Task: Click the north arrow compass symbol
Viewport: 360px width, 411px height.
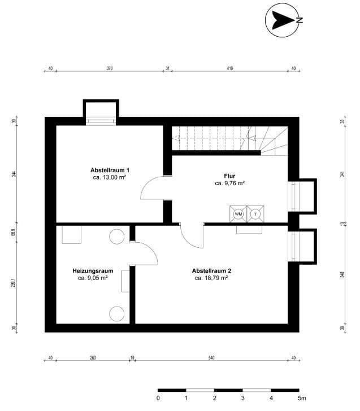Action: coord(282,20)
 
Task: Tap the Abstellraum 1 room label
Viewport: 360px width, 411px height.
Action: coord(110,170)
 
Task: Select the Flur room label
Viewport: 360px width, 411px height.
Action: coord(229,176)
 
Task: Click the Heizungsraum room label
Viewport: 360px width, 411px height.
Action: coord(93,270)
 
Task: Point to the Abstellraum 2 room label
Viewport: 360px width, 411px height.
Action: coord(211,270)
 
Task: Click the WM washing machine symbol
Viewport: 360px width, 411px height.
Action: coord(238,214)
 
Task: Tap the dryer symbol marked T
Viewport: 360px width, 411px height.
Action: coord(255,214)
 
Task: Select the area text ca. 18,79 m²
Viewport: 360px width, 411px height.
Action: coord(211,278)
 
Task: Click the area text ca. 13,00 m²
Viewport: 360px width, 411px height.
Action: coord(109,177)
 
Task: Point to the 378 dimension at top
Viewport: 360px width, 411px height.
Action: coord(110,69)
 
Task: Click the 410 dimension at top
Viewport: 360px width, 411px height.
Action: coord(229,69)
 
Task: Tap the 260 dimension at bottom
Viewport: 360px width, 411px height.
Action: coord(93,358)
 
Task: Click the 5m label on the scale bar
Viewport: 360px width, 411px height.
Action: coord(302,398)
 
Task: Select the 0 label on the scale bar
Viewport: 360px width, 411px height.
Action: coord(158,398)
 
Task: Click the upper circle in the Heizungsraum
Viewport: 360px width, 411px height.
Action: coord(117,237)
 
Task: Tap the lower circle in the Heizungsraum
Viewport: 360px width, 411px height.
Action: coord(117,313)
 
